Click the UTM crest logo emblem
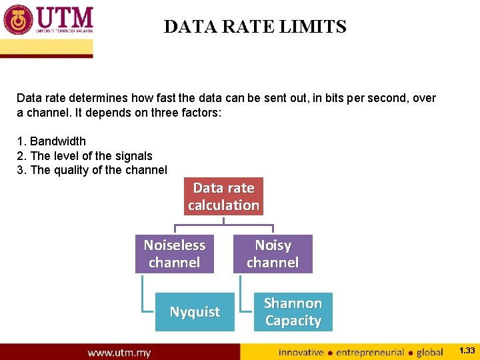(18, 20)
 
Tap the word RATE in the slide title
(250, 27)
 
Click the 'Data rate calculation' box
(223, 196)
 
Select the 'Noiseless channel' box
(174, 253)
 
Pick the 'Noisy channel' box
(273, 253)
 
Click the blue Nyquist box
(195, 311)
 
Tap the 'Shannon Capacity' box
(293, 311)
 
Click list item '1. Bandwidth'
(51, 141)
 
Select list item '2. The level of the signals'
(85, 156)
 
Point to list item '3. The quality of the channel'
(92, 170)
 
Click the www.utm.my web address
(119, 352)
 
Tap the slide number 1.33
(467, 351)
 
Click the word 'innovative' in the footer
(301, 352)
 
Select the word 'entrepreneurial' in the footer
(371, 352)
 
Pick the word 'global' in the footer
(429, 352)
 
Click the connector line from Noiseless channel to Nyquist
(143, 293)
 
